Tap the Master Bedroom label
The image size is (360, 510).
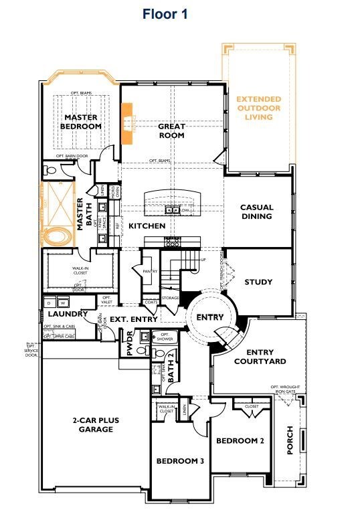pos(80,120)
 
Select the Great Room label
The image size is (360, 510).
pos(171,131)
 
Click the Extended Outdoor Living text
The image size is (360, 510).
pos(258,108)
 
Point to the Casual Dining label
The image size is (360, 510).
pos(256,211)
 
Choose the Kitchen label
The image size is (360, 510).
pos(147,226)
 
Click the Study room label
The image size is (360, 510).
pos(258,282)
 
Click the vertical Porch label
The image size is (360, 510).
pos(290,440)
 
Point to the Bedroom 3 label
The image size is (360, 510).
pos(180,461)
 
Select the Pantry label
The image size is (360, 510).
pos(150,270)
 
